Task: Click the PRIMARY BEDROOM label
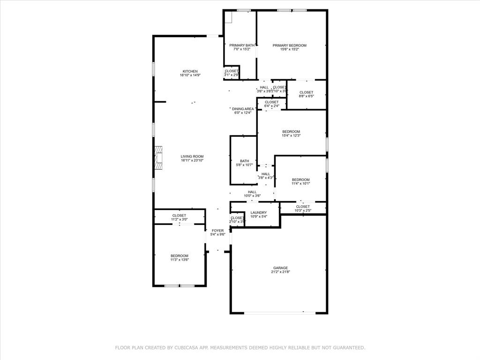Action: (x=290, y=45)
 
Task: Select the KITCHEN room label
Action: (x=190, y=71)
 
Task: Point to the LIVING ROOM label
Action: (x=192, y=157)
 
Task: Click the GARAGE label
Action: (x=280, y=268)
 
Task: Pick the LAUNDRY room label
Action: (x=258, y=213)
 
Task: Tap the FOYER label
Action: (x=218, y=231)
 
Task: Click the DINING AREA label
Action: (x=243, y=109)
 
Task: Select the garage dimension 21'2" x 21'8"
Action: (x=280, y=272)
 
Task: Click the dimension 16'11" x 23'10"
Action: (x=192, y=161)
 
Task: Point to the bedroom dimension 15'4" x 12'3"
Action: (x=291, y=136)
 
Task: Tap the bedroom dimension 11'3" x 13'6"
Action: (x=179, y=260)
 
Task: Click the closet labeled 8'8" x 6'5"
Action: (x=306, y=97)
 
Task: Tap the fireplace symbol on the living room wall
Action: (x=159, y=157)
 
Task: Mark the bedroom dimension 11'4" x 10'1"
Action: (x=300, y=184)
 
